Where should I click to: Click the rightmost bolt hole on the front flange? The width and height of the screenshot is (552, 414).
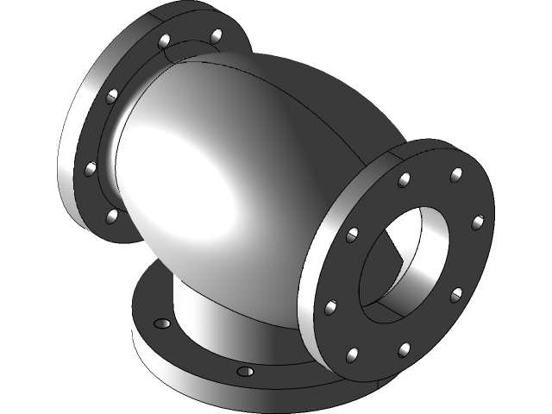tap(477, 223)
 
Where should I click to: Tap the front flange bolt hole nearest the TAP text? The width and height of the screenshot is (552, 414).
tap(403, 349)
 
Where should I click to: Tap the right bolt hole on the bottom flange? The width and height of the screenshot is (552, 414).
tap(245, 372)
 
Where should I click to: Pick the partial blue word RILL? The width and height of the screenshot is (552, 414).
tap(413, 373)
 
